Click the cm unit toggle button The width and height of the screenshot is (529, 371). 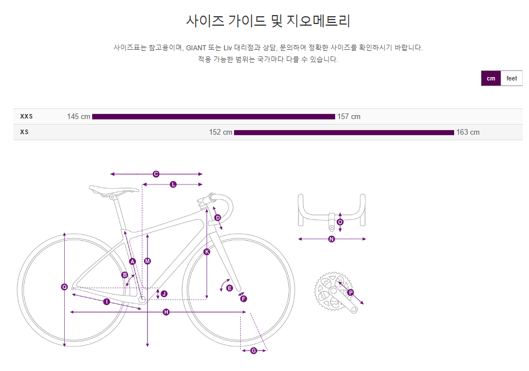click(490, 79)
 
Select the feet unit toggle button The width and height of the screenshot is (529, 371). click(512, 79)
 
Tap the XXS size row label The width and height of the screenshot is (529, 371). click(26, 117)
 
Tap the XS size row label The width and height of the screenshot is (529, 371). click(24, 132)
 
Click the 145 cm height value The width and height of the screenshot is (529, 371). click(78, 117)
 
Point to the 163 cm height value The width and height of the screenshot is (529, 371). click(468, 132)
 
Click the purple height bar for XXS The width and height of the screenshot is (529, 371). click(213, 117)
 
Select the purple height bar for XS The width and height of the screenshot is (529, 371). click(344, 132)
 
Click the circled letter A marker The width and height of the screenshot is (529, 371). click(132, 261)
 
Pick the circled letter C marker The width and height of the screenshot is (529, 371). click(156, 174)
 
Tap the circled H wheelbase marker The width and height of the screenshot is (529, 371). click(166, 312)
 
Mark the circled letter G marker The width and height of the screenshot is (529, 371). click(254, 351)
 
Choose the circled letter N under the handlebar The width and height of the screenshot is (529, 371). click(331, 239)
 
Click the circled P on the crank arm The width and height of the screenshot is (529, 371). click(351, 292)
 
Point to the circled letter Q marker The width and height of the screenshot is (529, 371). click(64, 287)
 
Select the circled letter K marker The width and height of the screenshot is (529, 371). click(207, 252)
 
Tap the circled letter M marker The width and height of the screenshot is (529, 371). click(147, 261)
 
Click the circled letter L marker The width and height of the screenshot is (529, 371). click(173, 184)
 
